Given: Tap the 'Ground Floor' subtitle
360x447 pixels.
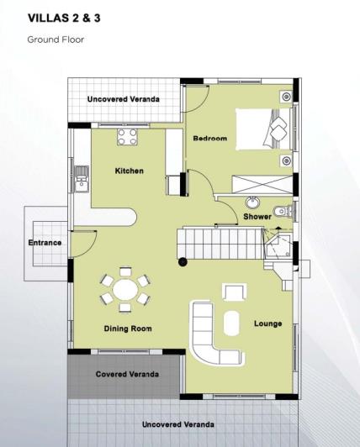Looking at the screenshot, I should tap(56, 39).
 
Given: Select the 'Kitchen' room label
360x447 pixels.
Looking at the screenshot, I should tap(130, 171).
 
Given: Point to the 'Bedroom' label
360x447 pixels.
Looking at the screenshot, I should tap(210, 139).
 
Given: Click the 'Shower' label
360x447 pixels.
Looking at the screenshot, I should tap(257, 216).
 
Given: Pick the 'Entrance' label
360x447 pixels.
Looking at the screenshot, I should tap(45, 243).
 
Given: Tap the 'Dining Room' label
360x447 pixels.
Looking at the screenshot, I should tap(128, 329).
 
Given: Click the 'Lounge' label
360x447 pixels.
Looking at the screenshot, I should tap(267, 323).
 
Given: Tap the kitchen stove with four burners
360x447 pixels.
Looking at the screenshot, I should tap(129, 137).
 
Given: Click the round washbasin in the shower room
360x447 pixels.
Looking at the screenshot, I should tap(252, 202).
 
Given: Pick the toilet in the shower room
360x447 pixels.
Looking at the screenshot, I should tap(283, 211).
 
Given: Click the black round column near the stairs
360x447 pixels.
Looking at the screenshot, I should tap(183, 263).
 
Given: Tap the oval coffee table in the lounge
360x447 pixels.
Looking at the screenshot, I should tap(230, 324).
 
